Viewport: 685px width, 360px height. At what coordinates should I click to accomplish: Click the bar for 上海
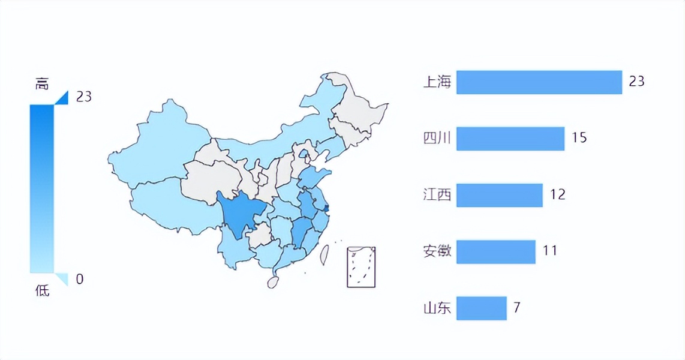pyautogui.click(x=539, y=82)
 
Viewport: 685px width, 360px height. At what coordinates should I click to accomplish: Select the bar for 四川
pyautogui.click(x=510, y=139)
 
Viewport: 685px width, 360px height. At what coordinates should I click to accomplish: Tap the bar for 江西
pyautogui.click(x=499, y=195)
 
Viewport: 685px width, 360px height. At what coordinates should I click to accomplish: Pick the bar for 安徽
pyautogui.click(x=495, y=251)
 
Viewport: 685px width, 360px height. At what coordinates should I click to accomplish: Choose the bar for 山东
pyautogui.click(x=481, y=308)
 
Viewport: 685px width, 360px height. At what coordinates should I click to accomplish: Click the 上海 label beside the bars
pyautogui.click(x=437, y=82)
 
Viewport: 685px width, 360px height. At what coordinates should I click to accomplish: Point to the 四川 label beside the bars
pyautogui.click(x=437, y=139)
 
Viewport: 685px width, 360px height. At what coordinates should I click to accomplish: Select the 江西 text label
pyautogui.click(x=437, y=195)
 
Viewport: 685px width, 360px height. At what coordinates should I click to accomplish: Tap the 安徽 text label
pyautogui.click(x=437, y=251)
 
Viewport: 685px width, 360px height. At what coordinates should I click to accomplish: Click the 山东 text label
pyautogui.click(x=437, y=308)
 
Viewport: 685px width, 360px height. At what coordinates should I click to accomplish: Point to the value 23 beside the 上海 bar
pyautogui.click(x=636, y=81)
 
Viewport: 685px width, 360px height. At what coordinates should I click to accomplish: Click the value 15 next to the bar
pyautogui.click(x=579, y=138)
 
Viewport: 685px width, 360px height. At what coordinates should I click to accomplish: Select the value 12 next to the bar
pyautogui.click(x=557, y=194)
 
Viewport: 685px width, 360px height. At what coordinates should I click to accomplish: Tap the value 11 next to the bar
pyautogui.click(x=550, y=250)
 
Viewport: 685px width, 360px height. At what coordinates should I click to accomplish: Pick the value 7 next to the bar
pyautogui.click(x=516, y=308)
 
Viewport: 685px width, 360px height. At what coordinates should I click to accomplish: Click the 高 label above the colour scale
pyautogui.click(x=42, y=85)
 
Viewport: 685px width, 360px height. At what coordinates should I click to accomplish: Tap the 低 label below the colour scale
pyautogui.click(x=42, y=292)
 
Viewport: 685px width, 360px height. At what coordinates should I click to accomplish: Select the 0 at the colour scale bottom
pyautogui.click(x=80, y=279)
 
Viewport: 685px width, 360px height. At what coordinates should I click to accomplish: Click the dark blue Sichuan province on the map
pyautogui.click(x=241, y=214)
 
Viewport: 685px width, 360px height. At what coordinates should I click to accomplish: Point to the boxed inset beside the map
pyautogui.click(x=361, y=267)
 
